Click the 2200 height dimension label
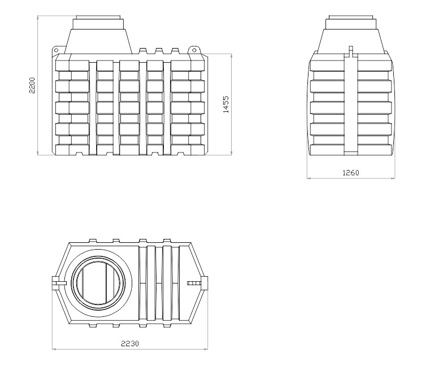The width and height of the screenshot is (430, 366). click(32, 85)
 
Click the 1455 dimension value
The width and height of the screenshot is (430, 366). click(225, 104)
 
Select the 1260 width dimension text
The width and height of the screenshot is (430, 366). click(351, 173)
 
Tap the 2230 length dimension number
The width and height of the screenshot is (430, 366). click(130, 343)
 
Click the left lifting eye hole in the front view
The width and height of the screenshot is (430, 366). click(56, 50)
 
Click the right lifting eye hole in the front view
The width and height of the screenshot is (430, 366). click(194, 50)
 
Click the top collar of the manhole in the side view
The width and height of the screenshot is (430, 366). click(351, 22)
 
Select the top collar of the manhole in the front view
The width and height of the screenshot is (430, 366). click(99, 22)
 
